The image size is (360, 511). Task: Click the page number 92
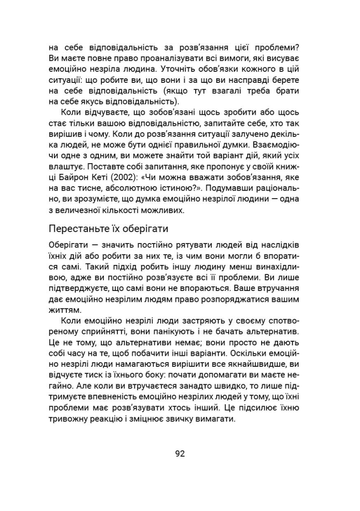[x=180, y=454]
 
